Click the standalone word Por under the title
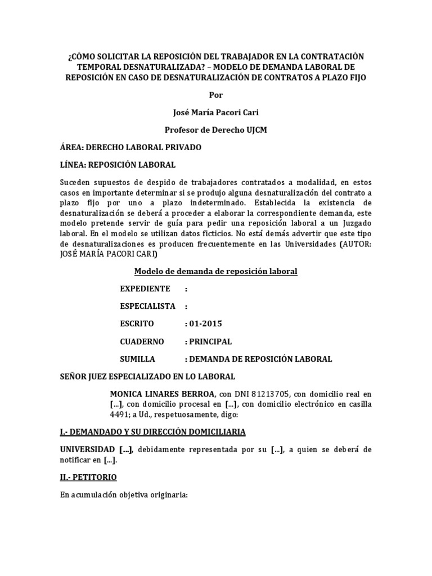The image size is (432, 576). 215,94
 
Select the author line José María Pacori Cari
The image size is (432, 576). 215,112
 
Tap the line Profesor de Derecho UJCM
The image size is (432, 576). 215,130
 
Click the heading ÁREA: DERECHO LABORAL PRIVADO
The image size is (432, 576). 130,147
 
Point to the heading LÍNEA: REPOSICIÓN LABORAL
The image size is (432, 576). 118,165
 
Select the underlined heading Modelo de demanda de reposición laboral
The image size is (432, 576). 215,272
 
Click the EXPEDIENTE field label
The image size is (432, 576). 145,289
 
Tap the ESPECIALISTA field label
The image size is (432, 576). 148,306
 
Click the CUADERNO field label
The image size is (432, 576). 142,341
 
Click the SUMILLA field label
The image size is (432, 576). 138,359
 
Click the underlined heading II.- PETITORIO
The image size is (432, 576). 88,477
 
